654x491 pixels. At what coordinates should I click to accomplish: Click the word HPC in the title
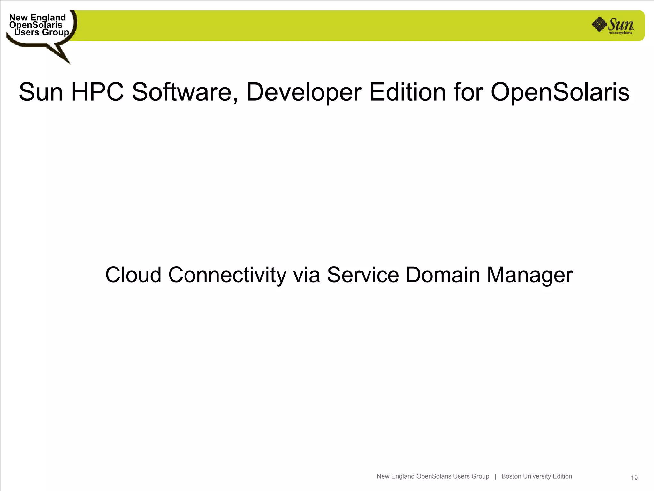[97, 92]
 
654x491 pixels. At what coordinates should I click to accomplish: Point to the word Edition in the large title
[407, 92]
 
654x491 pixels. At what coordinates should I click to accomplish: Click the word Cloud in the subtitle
[133, 275]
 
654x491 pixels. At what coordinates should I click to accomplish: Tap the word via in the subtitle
[307, 275]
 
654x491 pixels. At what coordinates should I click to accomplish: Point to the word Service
[363, 275]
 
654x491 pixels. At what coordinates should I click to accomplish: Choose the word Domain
[443, 275]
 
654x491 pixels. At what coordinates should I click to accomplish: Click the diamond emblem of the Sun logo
[599, 24]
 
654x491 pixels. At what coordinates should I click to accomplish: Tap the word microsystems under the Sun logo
[620, 33]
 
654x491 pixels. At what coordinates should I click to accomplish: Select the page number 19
[634, 478]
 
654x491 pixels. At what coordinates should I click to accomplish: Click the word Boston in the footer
[511, 476]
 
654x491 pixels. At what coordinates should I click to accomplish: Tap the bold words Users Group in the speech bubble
[42, 32]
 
